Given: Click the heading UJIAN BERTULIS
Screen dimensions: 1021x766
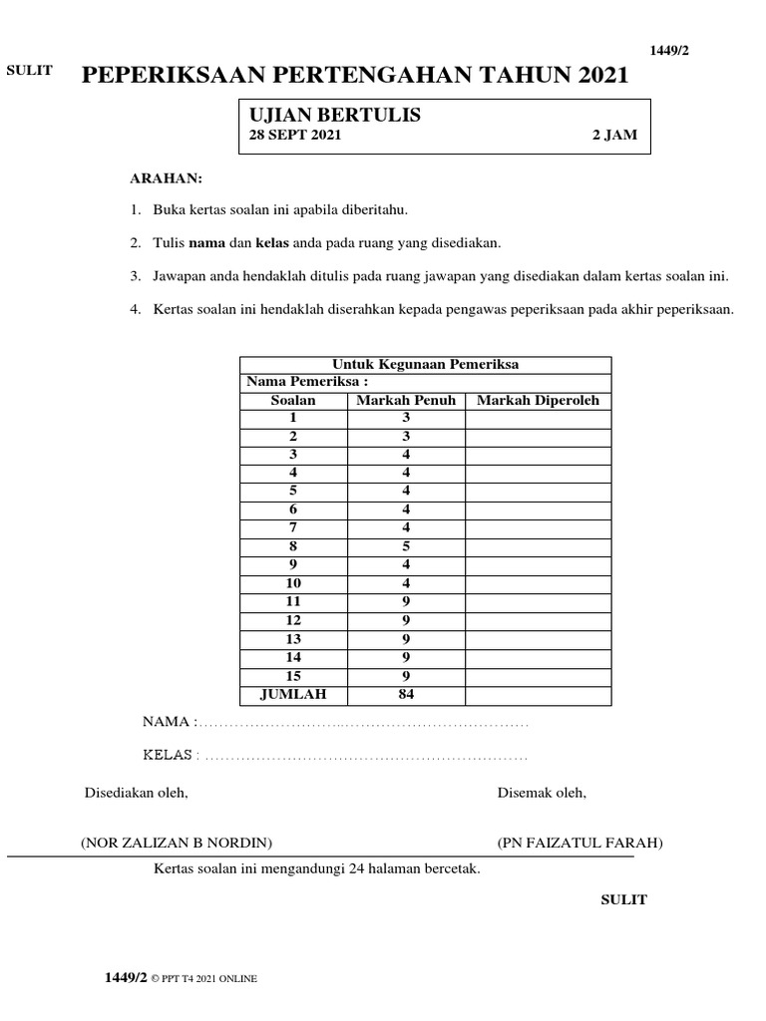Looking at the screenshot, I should pos(334,116).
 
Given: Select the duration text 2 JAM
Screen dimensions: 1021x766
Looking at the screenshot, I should pos(613,136).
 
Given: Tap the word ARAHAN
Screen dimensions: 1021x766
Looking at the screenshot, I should pos(167,178).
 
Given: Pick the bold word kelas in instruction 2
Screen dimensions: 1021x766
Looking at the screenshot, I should pos(272,242).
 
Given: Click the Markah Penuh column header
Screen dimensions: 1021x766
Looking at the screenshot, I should pos(406,401).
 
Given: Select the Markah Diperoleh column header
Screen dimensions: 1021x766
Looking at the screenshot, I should pos(538,401).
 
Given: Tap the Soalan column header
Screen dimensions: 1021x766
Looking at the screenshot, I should pos(293,401).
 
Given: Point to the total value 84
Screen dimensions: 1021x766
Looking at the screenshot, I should pos(406,695).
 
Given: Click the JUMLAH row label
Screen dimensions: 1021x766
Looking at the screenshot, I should pos(293,695).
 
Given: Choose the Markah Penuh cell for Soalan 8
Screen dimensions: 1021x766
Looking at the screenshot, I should pos(406,547).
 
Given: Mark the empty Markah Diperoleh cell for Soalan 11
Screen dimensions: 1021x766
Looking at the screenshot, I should pos(538,602).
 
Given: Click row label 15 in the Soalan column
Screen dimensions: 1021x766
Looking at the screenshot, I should pos(293,676).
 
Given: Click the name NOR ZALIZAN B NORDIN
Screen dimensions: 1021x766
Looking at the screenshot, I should pos(177,843).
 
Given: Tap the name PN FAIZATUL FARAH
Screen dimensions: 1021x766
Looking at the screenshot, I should pos(579,843).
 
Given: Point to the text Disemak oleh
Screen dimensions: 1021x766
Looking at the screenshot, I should pos(542,793).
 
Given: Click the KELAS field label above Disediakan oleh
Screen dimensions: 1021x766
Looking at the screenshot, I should pos(168,755).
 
